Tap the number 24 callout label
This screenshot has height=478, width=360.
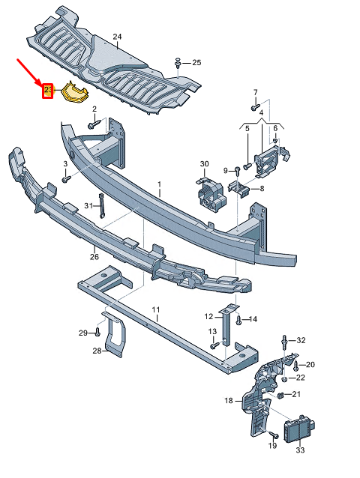tap(116, 36)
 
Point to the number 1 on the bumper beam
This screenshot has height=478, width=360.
tap(159, 183)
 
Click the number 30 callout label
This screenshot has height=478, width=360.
tap(203, 164)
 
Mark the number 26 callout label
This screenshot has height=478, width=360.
tap(94, 256)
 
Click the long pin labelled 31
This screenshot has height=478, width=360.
tap(101, 205)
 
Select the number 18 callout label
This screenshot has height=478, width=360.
tap(229, 401)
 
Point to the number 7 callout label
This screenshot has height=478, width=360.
tap(254, 92)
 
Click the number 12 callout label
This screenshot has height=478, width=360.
tap(208, 316)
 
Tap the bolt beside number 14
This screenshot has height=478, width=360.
tap(238, 320)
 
